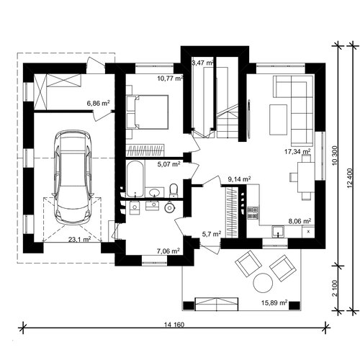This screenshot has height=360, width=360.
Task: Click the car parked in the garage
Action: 73,178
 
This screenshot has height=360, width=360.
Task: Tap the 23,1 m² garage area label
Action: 79,239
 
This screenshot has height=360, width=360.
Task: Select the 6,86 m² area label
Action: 98,104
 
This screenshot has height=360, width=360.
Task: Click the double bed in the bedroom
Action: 148,112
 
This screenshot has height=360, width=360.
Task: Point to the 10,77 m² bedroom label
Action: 170,78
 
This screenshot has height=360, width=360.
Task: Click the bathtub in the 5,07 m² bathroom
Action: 135,179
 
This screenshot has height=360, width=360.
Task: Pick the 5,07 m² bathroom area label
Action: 168,164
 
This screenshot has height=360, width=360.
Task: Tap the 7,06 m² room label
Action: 168,251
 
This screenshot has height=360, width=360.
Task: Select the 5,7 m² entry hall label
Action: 212,234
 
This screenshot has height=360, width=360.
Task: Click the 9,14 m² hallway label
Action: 239,179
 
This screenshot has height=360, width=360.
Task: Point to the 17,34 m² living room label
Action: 297,152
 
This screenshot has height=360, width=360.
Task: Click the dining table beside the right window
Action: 306,177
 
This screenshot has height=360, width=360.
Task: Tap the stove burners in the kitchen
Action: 253,212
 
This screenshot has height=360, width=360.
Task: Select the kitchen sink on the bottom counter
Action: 278,231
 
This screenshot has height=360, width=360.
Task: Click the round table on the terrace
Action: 263,283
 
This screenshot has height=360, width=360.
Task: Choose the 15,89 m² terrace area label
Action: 274,303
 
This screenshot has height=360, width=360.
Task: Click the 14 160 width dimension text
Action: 174,325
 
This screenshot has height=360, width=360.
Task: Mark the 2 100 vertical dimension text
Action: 335,289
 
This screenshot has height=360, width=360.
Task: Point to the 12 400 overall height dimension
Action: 350,178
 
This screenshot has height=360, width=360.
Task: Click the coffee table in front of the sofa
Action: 278,120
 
